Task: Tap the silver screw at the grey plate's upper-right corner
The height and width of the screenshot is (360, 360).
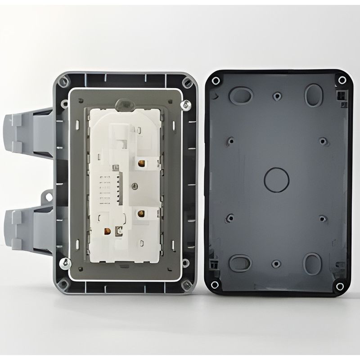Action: (184, 105)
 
